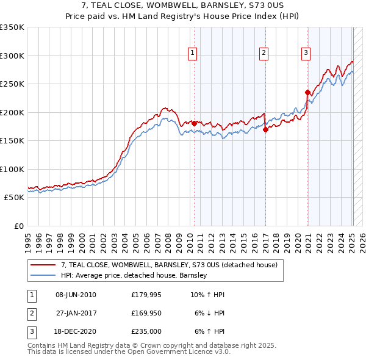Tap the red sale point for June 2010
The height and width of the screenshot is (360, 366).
pos(194,123)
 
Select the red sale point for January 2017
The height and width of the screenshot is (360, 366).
pos(266,129)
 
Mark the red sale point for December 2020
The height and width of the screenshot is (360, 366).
pos(308,92)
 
